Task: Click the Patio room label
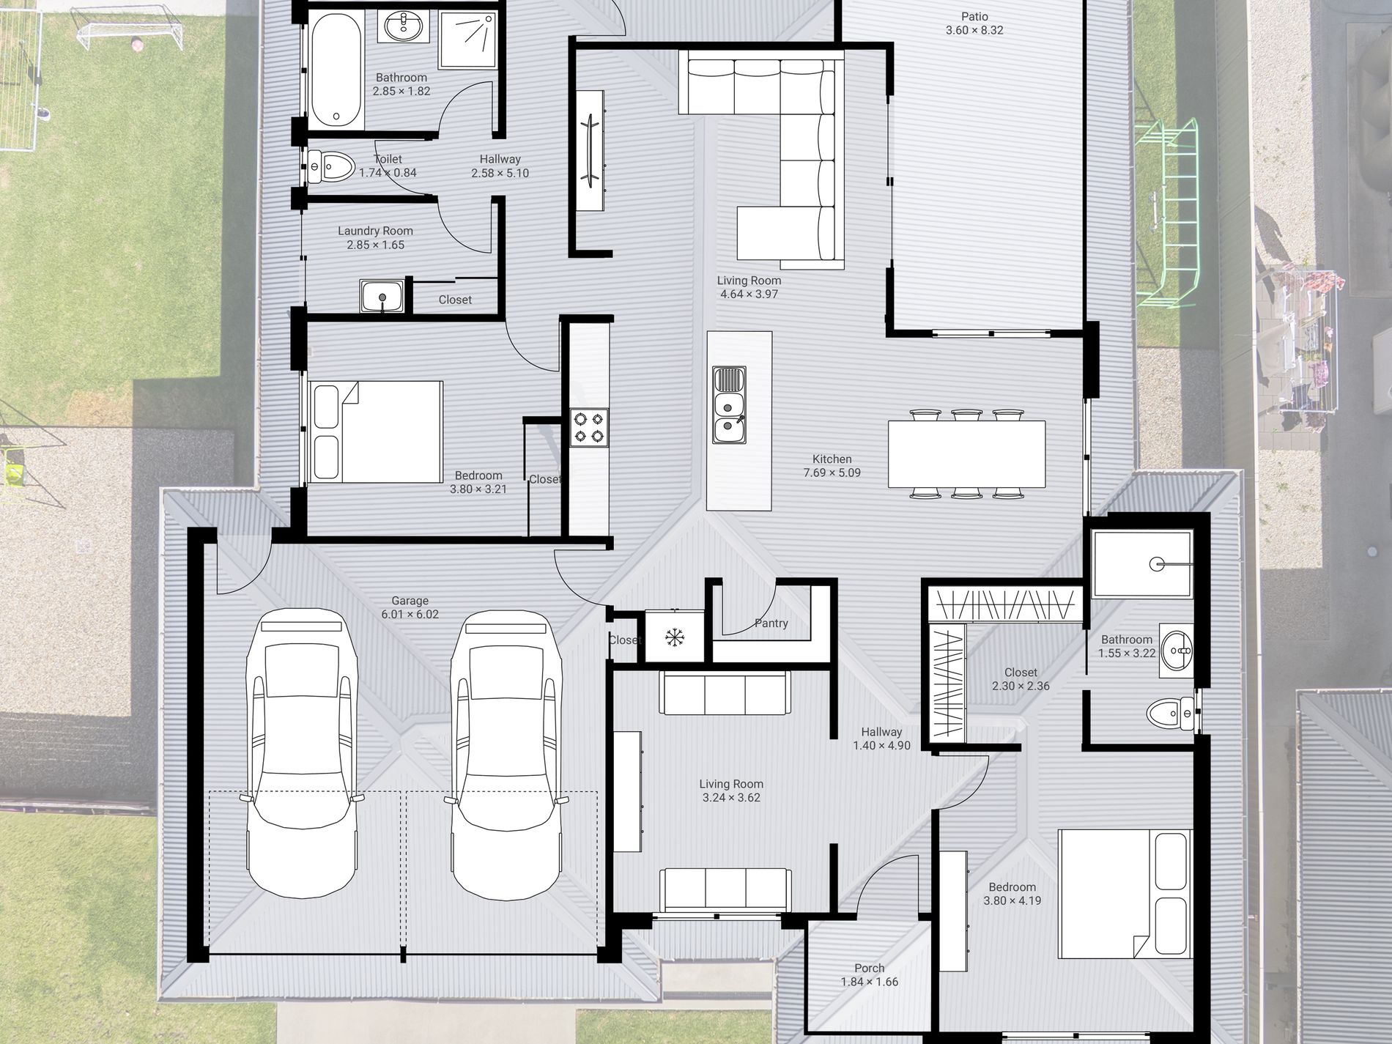974,16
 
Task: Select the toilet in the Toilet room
330,166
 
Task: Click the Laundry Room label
375,231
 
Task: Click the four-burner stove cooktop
590,428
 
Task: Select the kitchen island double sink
729,405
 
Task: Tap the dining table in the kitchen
966,453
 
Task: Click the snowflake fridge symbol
673,637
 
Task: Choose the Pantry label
771,623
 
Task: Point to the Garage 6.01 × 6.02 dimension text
410,615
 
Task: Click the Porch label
870,968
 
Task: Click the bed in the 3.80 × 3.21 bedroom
376,432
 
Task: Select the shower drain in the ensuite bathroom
1157,564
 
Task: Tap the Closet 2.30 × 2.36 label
1021,679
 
